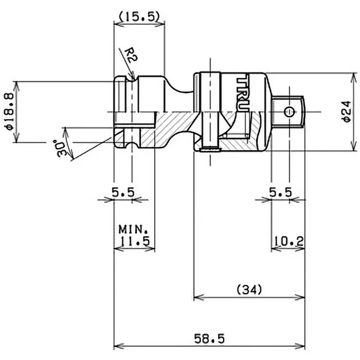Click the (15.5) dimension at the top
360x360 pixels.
(x=138, y=17)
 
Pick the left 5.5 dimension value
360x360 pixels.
(x=123, y=193)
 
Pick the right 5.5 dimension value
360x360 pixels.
(x=280, y=193)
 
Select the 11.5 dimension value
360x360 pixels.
(x=135, y=241)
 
